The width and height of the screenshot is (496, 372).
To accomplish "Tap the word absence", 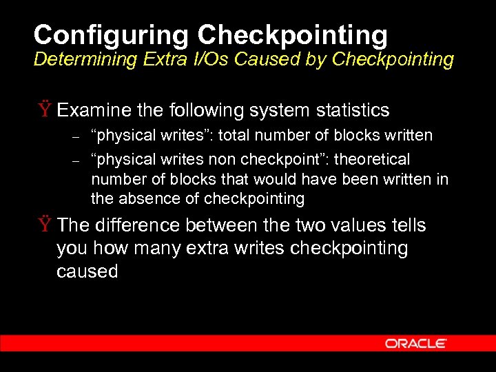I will click(x=146, y=199).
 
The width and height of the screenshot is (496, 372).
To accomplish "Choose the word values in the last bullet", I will click(x=364, y=225).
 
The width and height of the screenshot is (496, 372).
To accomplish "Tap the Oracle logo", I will click(x=416, y=343).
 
